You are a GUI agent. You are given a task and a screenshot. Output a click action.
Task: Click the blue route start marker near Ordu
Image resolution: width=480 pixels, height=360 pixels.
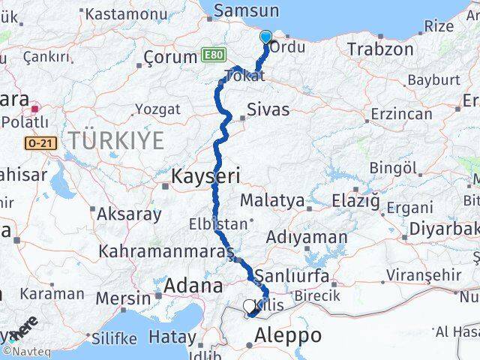(265, 36)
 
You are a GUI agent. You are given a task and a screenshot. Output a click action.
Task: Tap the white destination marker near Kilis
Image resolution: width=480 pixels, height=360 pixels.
(250, 305)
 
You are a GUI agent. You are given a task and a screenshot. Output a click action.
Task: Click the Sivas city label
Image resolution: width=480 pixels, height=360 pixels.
(268, 109)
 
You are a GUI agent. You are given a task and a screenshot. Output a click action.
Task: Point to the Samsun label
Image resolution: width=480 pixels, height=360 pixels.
(246, 10)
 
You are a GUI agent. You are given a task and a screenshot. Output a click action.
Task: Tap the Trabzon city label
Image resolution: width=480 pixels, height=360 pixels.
(380, 49)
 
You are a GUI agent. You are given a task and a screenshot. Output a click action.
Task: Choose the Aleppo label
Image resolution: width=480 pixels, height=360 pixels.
(288, 335)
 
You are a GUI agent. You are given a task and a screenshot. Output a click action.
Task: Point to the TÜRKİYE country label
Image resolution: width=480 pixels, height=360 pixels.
(115, 139)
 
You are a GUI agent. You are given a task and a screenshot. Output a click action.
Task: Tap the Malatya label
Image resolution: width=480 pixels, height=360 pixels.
(272, 201)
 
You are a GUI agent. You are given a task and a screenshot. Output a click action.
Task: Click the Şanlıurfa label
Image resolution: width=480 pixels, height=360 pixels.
(292, 276)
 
